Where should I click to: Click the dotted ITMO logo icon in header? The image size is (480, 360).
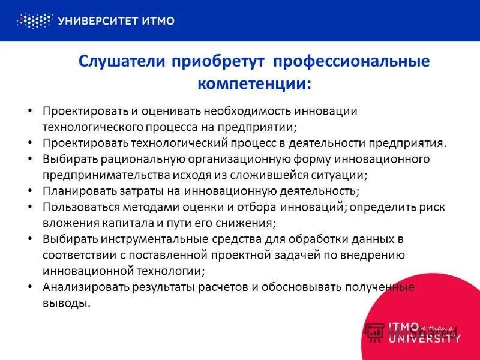35,21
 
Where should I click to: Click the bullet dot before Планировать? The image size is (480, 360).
30,191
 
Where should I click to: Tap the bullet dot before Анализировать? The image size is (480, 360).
30,287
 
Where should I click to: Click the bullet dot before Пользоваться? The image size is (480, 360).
30,207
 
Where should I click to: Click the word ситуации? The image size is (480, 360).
341,175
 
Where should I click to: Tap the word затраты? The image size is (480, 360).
137,191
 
